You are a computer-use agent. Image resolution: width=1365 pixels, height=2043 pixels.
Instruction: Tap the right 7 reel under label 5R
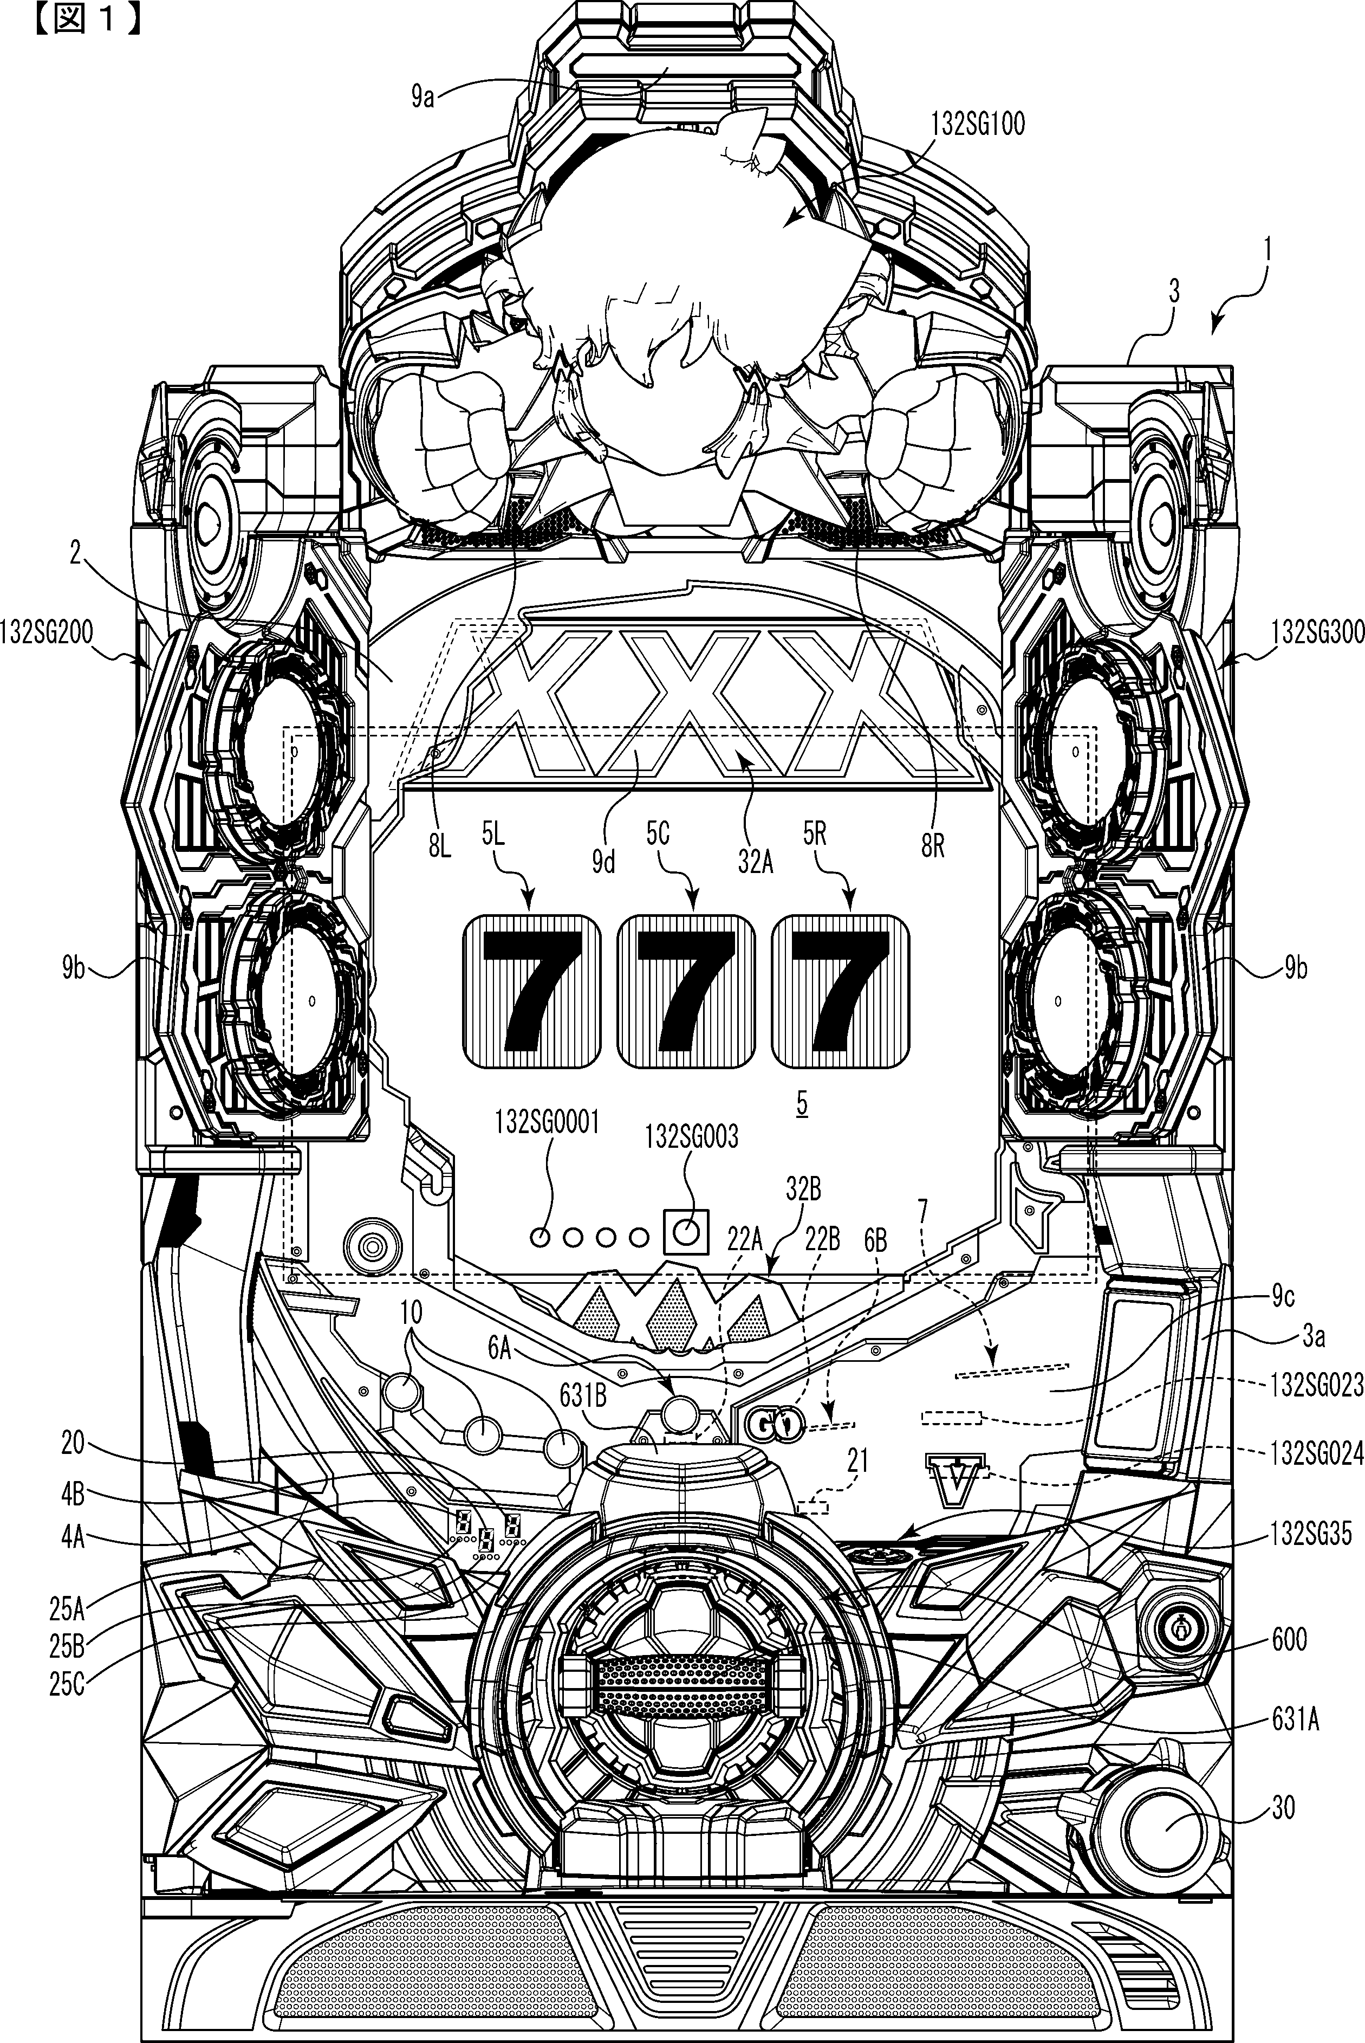pos(841,992)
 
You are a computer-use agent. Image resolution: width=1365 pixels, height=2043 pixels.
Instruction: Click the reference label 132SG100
pos(978,125)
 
